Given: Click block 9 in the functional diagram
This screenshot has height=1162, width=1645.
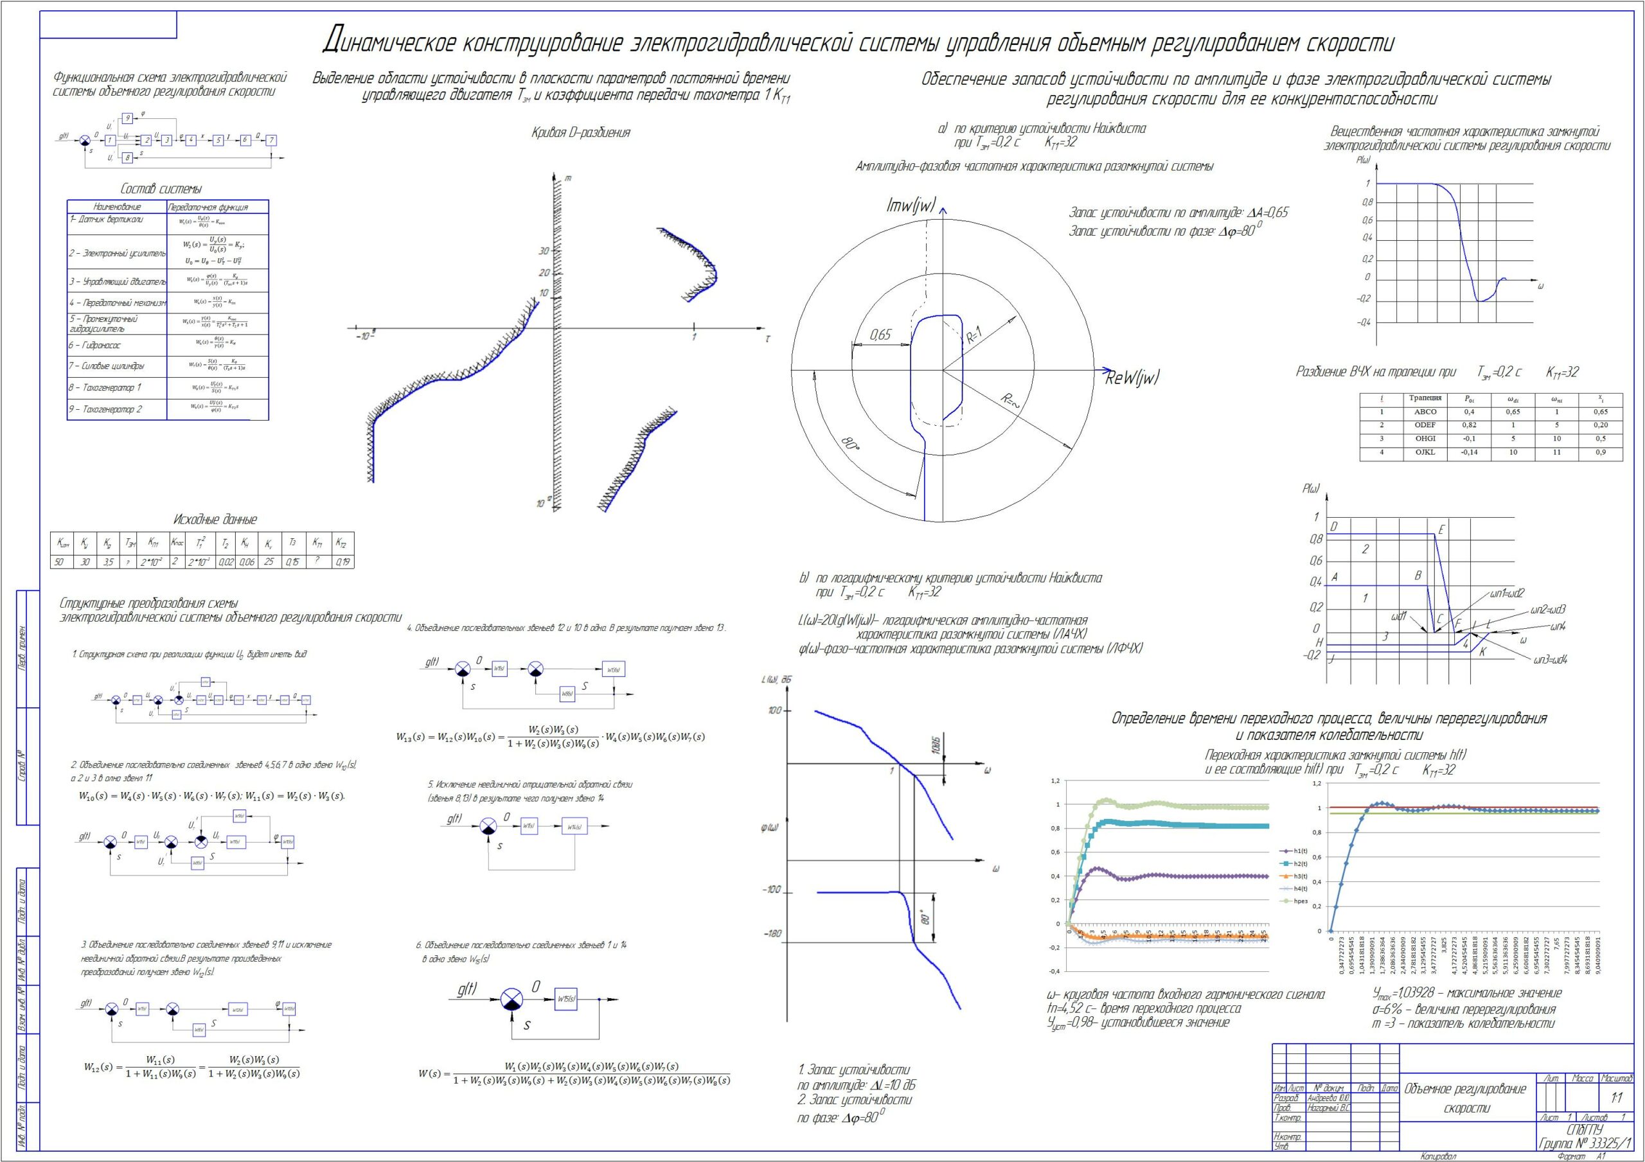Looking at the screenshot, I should click(x=127, y=118).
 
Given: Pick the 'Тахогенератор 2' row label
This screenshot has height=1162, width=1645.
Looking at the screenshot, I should click(x=105, y=409).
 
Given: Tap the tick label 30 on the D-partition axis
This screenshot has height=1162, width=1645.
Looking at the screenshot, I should click(x=544, y=251).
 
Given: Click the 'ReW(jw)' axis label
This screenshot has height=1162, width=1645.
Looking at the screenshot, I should click(x=1132, y=378).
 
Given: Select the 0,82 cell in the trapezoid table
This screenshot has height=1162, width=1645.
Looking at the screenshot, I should click(x=1469, y=425).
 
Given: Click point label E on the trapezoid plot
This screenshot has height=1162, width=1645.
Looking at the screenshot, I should click(x=1441, y=530).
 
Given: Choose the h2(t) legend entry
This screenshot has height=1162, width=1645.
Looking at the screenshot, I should click(x=1301, y=863).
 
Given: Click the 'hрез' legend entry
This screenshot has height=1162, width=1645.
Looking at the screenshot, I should click(x=1301, y=901).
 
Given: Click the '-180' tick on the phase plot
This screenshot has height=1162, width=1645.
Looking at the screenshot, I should click(x=772, y=934).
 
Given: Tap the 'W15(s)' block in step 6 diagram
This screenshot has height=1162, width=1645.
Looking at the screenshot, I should click(x=565, y=999).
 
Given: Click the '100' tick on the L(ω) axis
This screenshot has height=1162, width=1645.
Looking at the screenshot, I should click(x=774, y=710).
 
